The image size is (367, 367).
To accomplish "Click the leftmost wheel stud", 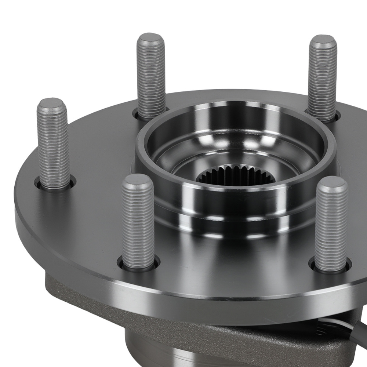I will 53,143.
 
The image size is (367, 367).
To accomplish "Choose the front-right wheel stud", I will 331,224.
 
